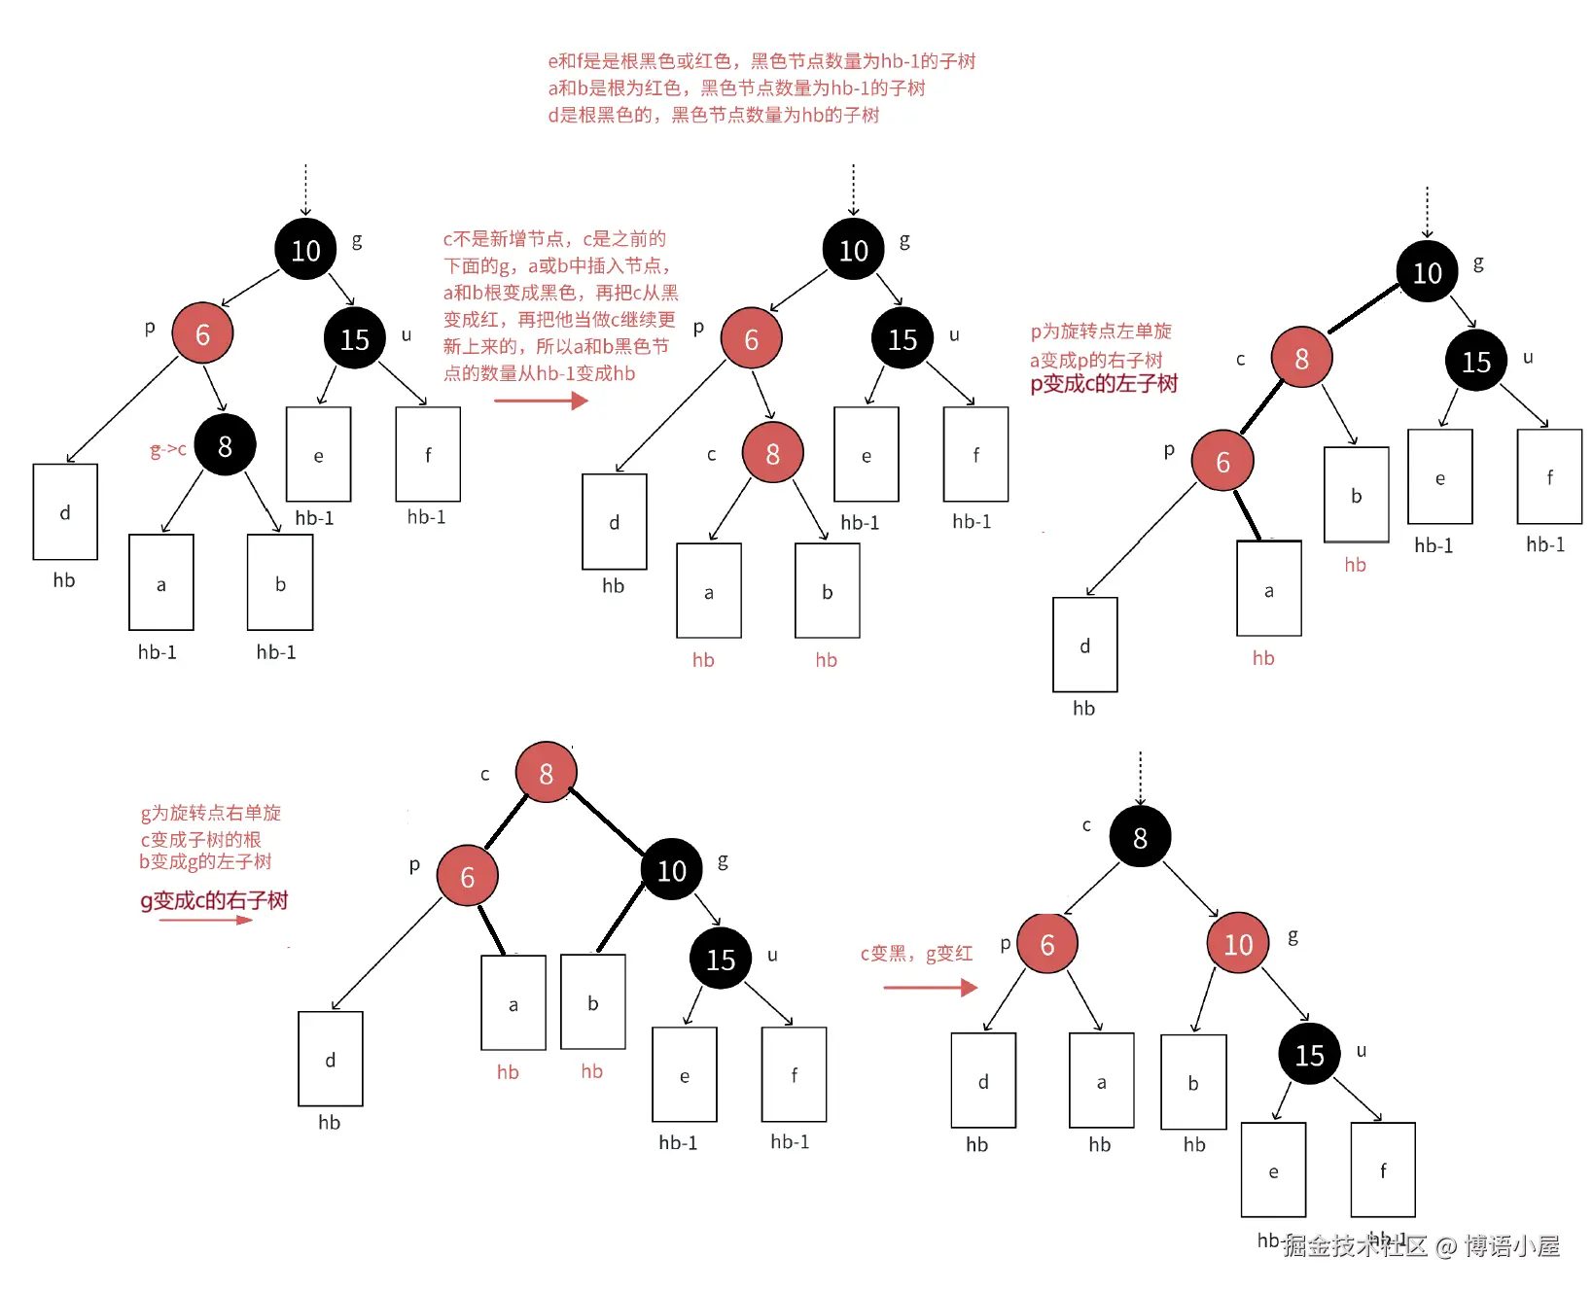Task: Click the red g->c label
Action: coord(167,449)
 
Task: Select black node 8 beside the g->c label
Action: coord(225,445)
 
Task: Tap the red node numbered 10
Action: coord(1238,943)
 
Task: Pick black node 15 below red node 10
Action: coord(1309,1054)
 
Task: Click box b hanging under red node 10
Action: coord(1193,1082)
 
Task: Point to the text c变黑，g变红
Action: coord(916,954)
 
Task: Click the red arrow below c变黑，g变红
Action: coord(930,988)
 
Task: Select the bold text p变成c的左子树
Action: coord(1104,384)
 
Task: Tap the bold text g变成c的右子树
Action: coord(214,900)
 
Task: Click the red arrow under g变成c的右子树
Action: coord(205,920)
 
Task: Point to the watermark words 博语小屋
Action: coord(1511,1245)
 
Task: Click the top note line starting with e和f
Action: coord(761,61)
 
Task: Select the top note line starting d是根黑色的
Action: coord(713,115)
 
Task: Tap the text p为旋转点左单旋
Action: coord(1101,332)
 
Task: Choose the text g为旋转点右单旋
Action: coord(211,813)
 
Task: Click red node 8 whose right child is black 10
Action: coord(546,773)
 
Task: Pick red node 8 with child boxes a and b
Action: coord(772,453)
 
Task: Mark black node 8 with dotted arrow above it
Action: coord(1140,837)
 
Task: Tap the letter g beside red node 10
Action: coord(1293,936)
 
